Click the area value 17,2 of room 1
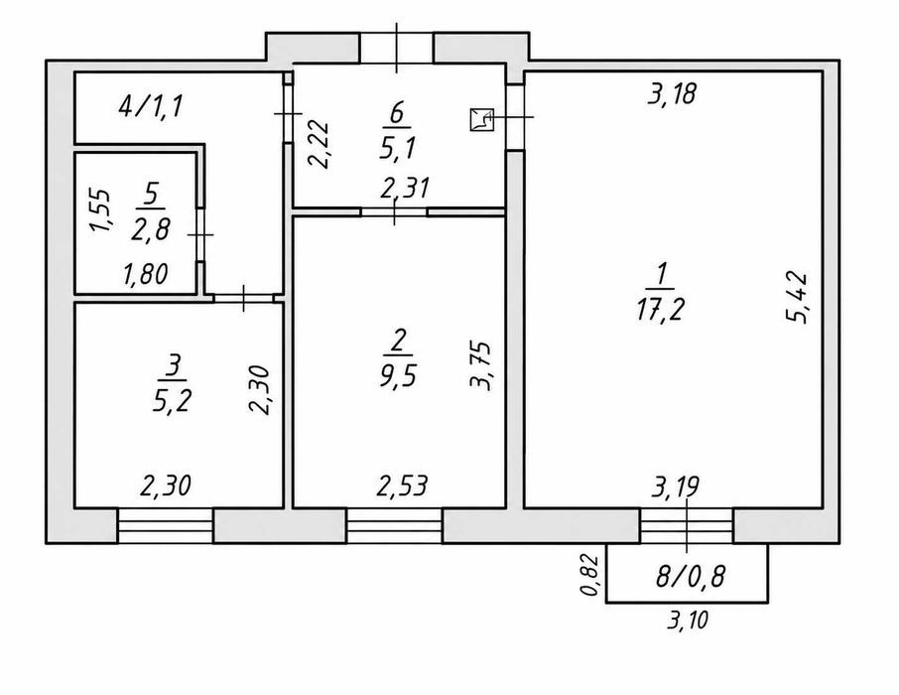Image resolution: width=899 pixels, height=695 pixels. [x=660, y=311]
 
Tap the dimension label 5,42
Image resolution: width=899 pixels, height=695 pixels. [x=797, y=298]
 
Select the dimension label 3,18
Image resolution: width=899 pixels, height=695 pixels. [x=673, y=93]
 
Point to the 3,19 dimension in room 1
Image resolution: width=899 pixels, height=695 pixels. [x=676, y=487]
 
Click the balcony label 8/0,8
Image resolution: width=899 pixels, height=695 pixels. [x=691, y=576]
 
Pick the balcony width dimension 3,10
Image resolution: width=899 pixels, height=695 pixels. [x=688, y=620]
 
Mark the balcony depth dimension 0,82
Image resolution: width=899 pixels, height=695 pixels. [x=592, y=575]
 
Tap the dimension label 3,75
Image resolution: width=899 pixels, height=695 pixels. [x=480, y=366]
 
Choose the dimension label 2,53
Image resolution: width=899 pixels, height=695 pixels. [x=402, y=486]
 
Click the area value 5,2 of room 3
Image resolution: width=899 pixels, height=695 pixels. [x=172, y=401]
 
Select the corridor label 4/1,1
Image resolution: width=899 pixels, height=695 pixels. [x=150, y=107]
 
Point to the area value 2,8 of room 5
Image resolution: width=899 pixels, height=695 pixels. [x=151, y=230]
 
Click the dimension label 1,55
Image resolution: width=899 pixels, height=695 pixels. [x=101, y=210]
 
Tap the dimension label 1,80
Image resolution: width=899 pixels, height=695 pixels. [x=146, y=275]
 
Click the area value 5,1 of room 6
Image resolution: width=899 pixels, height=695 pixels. [x=397, y=149]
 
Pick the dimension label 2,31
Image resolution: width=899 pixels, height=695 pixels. [x=406, y=188]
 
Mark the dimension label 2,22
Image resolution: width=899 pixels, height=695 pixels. [x=319, y=144]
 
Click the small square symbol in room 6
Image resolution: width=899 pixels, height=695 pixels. [x=481, y=120]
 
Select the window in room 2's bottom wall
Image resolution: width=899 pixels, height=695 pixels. [x=395, y=525]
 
